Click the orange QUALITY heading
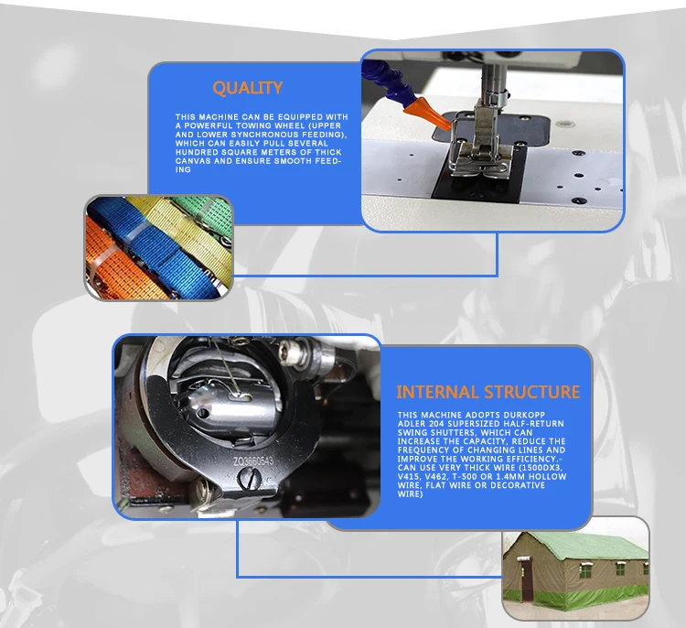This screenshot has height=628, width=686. click(x=247, y=89)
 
